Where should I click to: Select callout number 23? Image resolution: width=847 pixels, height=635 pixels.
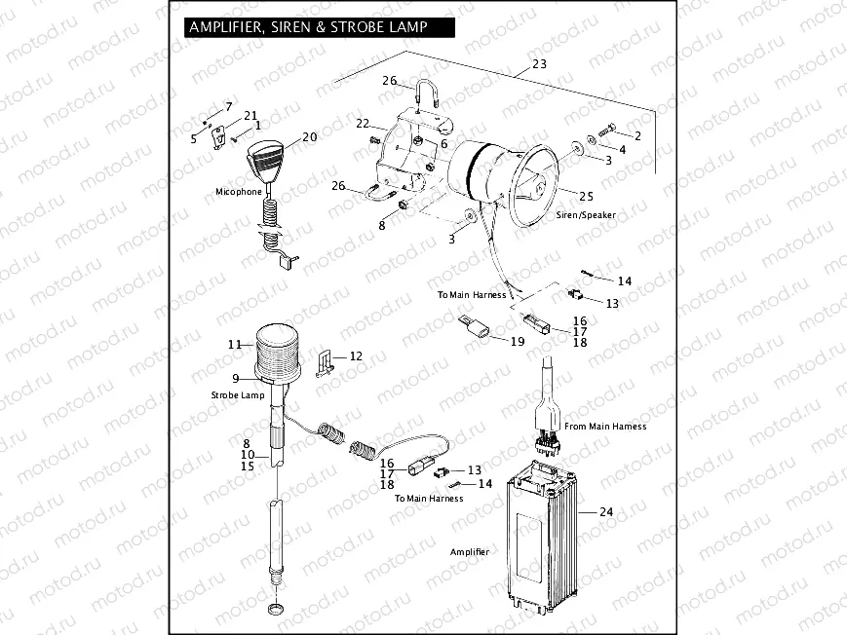[539, 66]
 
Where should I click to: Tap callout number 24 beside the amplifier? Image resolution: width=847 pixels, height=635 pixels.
[606, 510]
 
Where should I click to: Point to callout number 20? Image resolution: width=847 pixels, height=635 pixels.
[309, 137]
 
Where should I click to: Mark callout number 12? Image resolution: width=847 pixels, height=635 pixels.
[356, 356]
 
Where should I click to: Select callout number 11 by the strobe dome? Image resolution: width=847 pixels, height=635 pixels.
[234, 344]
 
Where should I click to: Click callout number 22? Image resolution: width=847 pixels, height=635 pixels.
[362, 124]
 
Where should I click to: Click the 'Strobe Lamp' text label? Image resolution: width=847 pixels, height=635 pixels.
[237, 395]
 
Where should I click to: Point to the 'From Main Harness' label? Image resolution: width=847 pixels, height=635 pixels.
[606, 426]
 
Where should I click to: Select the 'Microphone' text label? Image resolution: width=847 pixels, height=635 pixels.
[239, 192]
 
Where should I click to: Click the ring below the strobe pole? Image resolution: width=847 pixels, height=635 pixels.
[277, 611]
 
